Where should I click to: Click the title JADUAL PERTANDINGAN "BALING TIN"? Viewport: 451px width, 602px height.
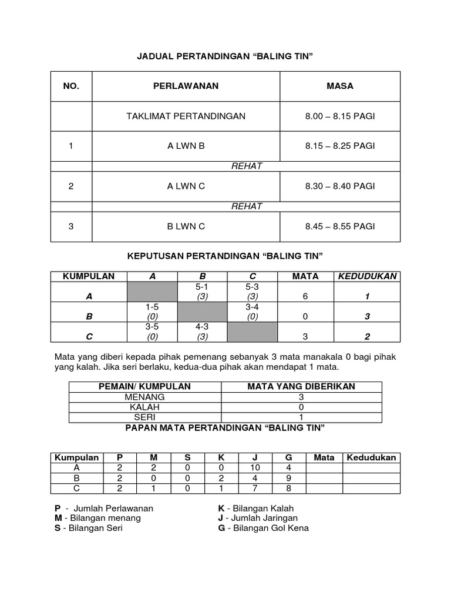pyautogui.click(x=225, y=56)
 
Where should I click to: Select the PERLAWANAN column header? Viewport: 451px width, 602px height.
pyautogui.click(x=186, y=86)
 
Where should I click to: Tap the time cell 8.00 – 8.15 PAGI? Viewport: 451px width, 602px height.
pyautogui.click(x=339, y=116)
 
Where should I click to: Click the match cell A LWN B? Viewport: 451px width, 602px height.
pyautogui.click(x=186, y=146)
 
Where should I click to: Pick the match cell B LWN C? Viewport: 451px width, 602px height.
pyautogui.click(x=186, y=226)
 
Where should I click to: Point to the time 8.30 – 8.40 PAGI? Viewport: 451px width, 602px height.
pyautogui.click(x=339, y=186)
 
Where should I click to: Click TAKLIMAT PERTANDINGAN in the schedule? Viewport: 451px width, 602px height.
pyautogui.click(x=186, y=116)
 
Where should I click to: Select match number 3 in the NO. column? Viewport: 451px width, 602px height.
pyautogui.click(x=71, y=226)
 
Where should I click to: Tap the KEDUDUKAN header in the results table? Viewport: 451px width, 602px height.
pyautogui.click(x=367, y=276)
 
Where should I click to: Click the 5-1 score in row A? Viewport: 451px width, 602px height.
pyautogui.click(x=203, y=287)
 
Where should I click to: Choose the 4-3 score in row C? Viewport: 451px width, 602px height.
pyautogui.click(x=203, y=327)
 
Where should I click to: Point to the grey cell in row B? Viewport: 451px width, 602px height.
pyautogui.click(x=203, y=312)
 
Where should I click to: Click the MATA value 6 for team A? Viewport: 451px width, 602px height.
pyautogui.click(x=305, y=297)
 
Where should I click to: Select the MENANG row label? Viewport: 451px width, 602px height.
pyautogui.click(x=144, y=397)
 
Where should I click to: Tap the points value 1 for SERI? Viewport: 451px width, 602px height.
pyautogui.click(x=301, y=417)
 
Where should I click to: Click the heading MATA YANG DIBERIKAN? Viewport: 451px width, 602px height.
pyautogui.click(x=301, y=386)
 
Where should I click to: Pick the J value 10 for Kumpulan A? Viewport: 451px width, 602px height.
pyautogui.click(x=255, y=468)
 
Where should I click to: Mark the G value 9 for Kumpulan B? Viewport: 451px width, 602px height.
pyautogui.click(x=288, y=478)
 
